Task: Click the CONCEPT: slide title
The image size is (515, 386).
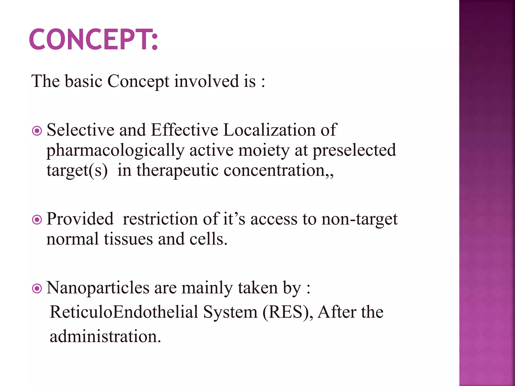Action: click(x=93, y=39)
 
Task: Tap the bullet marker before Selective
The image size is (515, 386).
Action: click(x=37, y=131)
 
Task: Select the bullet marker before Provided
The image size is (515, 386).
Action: click(x=37, y=220)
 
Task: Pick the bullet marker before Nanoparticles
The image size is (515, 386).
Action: click(x=37, y=288)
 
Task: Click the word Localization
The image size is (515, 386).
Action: click(x=269, y=130)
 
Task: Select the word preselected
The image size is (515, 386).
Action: click(x=354, y=150)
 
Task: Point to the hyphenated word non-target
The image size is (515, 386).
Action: click(x=360, y=219)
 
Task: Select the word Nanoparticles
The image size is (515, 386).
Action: click(x=98, y=288)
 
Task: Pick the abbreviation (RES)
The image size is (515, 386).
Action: click(x=287, y=312)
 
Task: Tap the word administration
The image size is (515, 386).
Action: click(x=105, y=336)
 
